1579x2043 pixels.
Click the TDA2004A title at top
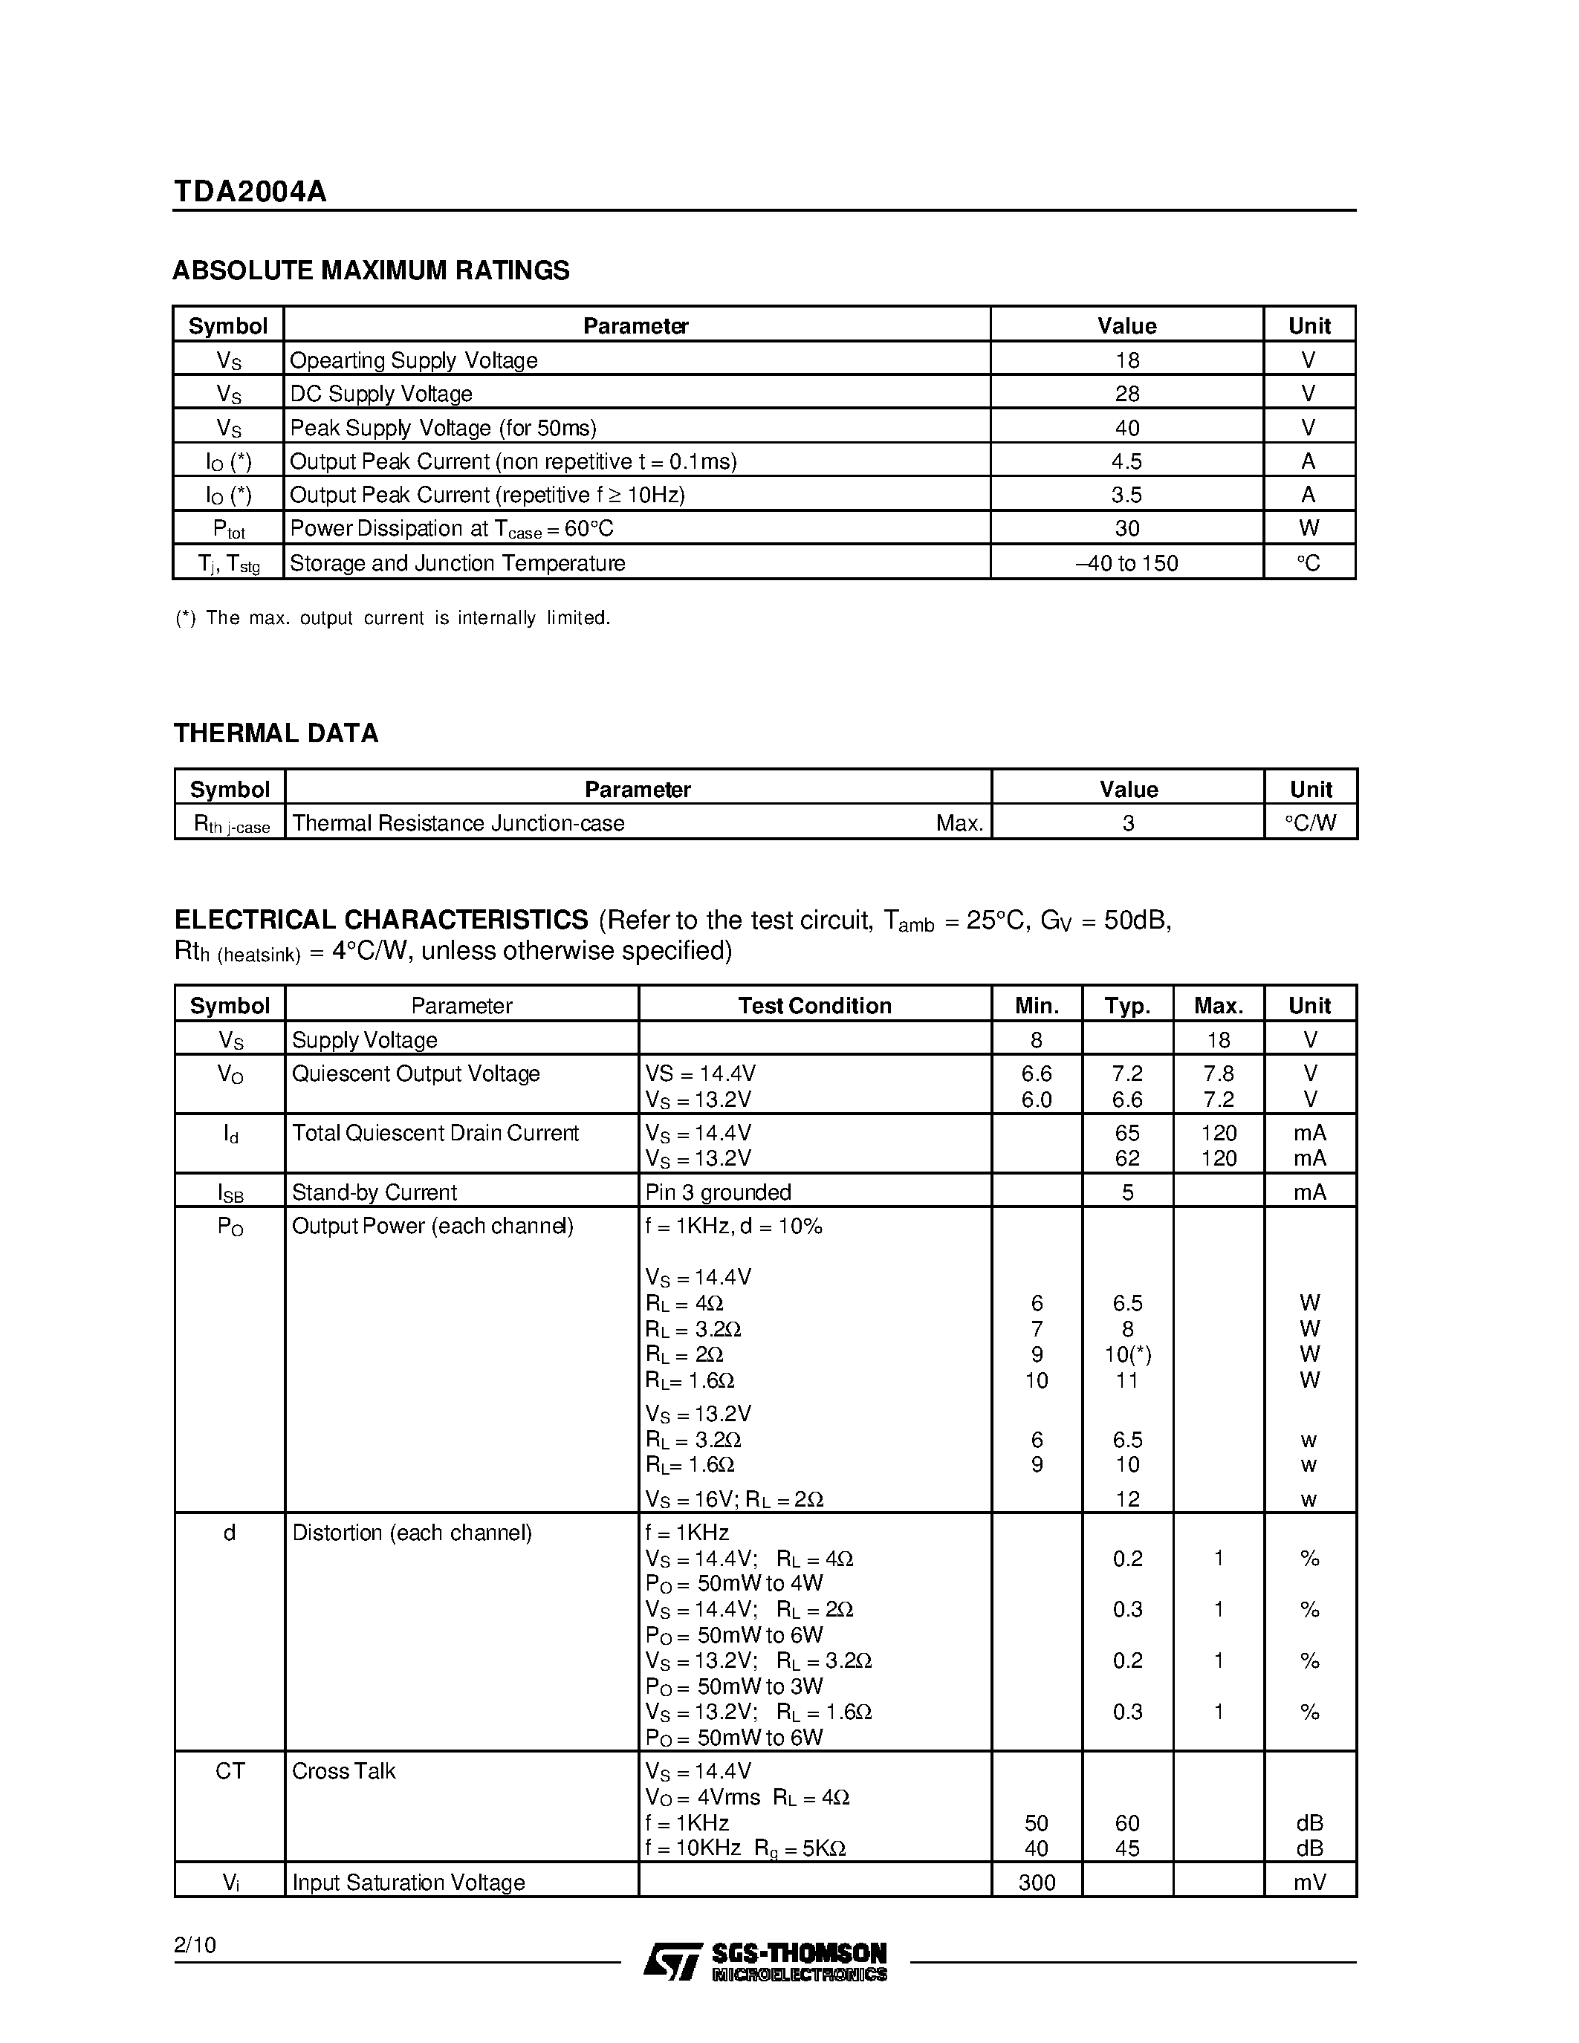pos(250,192)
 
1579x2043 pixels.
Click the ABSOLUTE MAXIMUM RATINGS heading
pos(371,270)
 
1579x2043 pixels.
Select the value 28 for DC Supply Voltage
pos(1126,394)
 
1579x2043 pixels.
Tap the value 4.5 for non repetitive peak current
pos(1126,461)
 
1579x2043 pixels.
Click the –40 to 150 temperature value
pos(1126,563)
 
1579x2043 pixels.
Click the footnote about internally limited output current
pos(393,618)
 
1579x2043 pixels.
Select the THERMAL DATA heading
pos(276,733)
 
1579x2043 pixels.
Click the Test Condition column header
pos(814,1006)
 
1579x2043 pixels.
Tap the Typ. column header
pos(1127,1006)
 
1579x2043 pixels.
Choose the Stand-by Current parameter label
pos(375,1192)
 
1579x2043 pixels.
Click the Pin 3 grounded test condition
pos(718,1192)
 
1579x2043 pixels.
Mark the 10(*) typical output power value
pos(1127,1354)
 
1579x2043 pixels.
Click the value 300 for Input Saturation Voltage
pos(1037,1882)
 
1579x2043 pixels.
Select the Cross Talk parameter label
pos(343,1771)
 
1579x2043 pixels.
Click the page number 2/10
pos(195,1946)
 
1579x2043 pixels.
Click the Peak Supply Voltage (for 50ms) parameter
pos(442,427)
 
